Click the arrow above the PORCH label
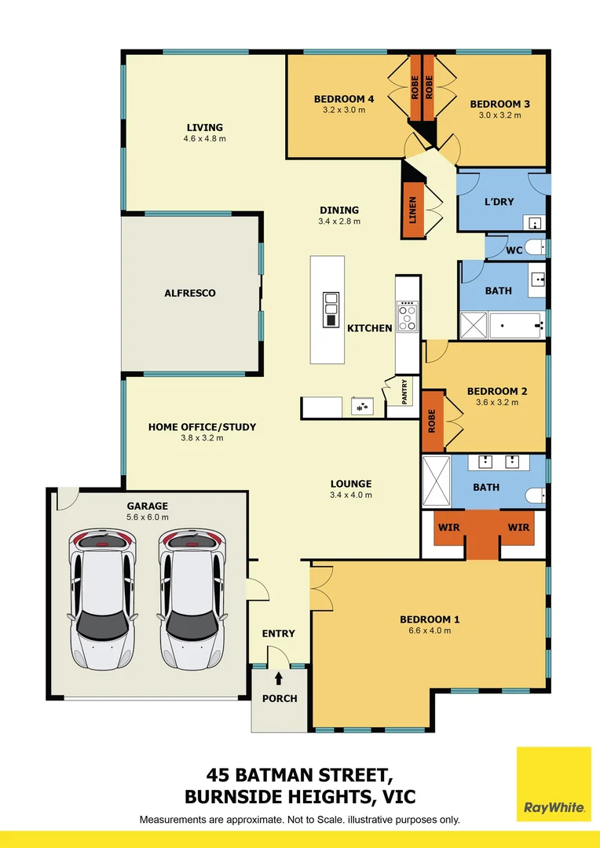click(x=279, y=678)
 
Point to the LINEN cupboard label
click(x=411, y=210)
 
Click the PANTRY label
click(x=404, y=392)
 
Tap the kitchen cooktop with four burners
click(x=408, y=317)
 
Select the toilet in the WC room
click(x=534, y=249)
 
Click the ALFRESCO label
click(x=189, y=293)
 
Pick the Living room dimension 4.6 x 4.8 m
click(x=204, y=139)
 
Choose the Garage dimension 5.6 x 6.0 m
click(x=148, y=517)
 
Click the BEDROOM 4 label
click(x=344, y=99)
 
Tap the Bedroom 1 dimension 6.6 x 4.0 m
click(x=430, y=631)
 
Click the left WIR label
click(x=449, y=528)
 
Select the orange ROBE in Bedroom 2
click(x=432, y=422)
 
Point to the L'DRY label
click(x=499, y=202)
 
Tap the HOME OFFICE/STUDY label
click(x=202, y=427)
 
